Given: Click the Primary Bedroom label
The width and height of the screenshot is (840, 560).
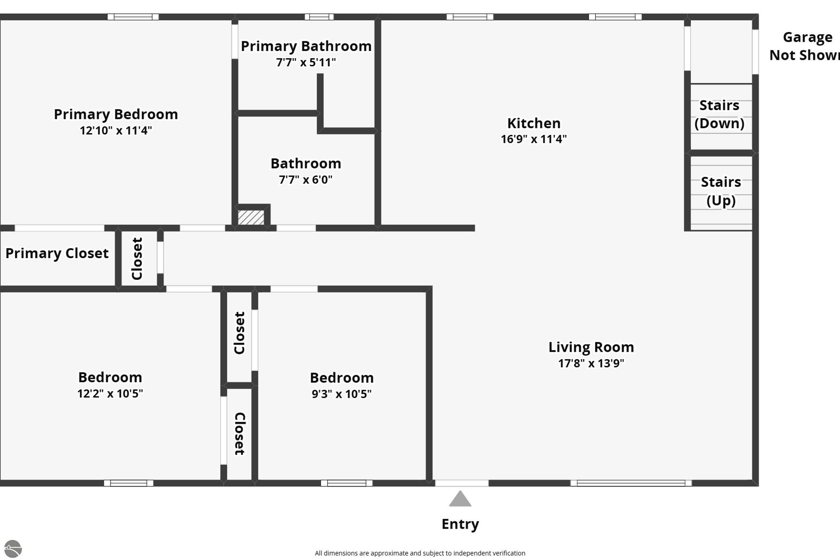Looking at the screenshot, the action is (x=116, y=114).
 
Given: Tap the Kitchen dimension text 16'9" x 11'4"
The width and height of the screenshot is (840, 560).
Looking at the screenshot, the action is (x=534, y=139).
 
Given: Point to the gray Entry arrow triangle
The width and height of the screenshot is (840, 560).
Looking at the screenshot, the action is (x=460, y=498).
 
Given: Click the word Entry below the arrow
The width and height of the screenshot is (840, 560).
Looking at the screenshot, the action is (x=460, y=524).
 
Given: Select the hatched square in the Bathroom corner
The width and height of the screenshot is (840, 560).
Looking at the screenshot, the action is (x=251, y=217).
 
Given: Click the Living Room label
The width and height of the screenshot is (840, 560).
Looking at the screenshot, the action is (x=591, y=347).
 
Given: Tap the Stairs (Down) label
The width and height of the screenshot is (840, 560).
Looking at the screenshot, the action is (x=719, y=114).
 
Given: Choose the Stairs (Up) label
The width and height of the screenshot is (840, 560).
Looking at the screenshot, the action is (x=721, y=191).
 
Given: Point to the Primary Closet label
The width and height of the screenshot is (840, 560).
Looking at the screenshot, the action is (x=57, y=253).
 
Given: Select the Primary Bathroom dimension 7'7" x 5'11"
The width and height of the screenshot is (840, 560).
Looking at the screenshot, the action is (x=306, y=62).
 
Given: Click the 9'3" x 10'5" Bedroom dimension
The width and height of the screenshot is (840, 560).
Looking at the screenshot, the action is (x=342, y=394).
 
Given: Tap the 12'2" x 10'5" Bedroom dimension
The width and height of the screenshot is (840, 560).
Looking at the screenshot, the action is (x=110, y=393).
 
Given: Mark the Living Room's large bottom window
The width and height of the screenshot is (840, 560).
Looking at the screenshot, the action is (x=631, y=483).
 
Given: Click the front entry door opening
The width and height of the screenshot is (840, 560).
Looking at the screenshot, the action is (x=462, y=483).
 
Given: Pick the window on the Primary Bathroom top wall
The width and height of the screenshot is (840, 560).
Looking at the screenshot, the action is (x=319, y=17).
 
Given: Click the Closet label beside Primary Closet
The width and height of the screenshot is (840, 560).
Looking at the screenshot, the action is (x=137, y=258).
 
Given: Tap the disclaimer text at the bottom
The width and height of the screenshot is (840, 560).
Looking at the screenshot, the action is (x=420, y=553).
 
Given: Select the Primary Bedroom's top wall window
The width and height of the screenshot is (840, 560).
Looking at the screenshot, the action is (x=133, y=17).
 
